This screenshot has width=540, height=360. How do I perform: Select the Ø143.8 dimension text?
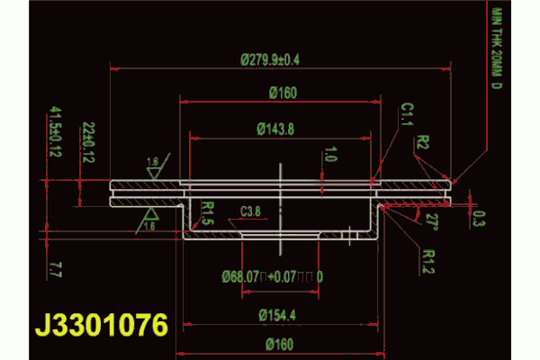[275, 130]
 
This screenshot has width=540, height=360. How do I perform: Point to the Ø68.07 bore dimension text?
[272, 275]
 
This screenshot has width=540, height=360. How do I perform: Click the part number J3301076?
[101, 325]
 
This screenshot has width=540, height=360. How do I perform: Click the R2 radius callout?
[423, 142]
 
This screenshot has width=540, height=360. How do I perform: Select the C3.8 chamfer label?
[252, 211]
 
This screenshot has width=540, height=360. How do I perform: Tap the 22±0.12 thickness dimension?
[88, 141]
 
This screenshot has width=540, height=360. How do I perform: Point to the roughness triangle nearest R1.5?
[149, 219]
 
